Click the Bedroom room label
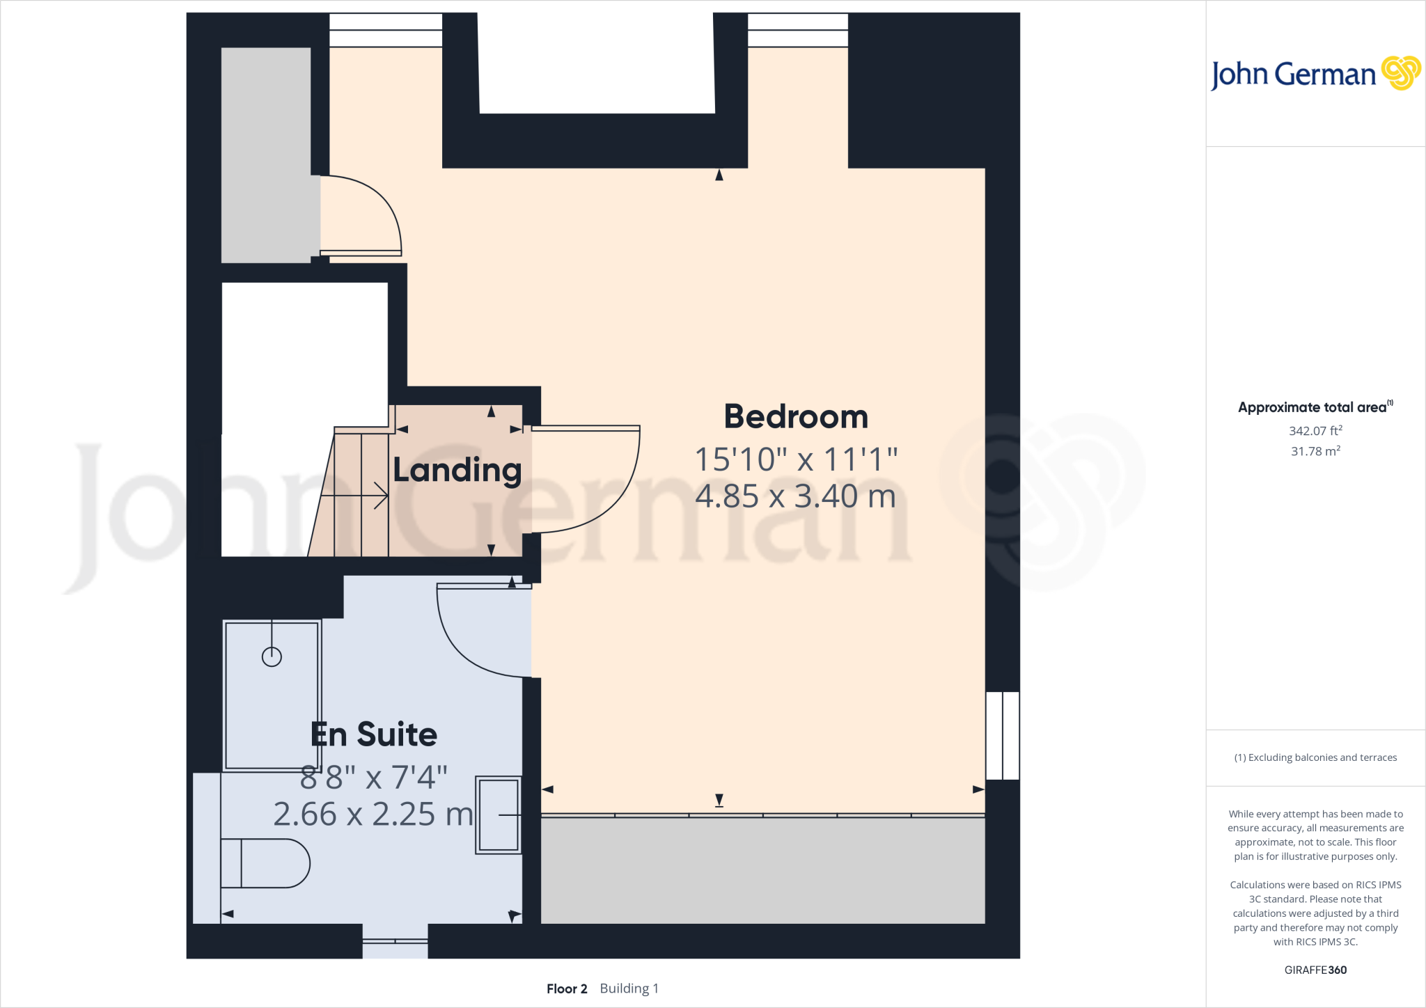point(796,417)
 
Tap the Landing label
point(457,471)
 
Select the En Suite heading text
point(374,735)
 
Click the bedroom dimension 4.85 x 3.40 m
point(795,496)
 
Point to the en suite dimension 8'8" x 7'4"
point(374,778)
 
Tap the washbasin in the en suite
point(499,814)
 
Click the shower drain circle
point(272,656)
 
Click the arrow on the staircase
point(379,496)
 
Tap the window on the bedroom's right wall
point(1003,735)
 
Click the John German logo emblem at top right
point(1400,73)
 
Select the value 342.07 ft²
point(1315,431)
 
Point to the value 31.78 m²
point(1315,451)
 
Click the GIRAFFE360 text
point(1315,970)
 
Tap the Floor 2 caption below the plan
point(567,989)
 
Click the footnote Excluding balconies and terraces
point(1315,757)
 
